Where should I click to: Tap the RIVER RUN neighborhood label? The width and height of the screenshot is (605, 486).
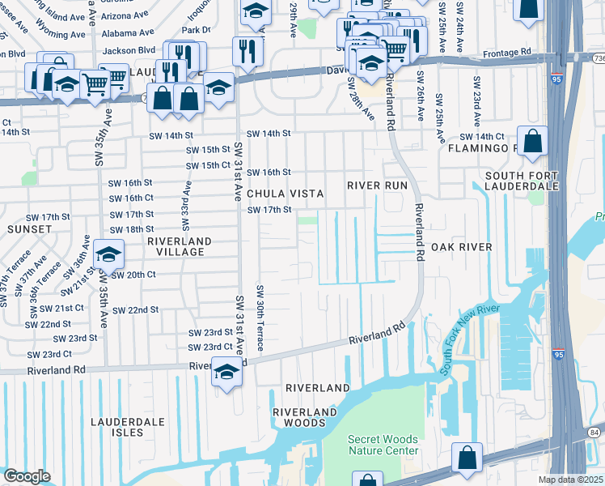click(x=377, y=185)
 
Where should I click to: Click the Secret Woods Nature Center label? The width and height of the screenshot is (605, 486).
click(x=383, y=445)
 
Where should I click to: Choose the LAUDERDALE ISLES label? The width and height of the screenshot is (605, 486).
click(x=128, y=427)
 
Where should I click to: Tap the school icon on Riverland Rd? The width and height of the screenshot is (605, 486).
click(x=227, y=372)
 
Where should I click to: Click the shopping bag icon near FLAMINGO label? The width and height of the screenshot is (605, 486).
click(x=534, y=141)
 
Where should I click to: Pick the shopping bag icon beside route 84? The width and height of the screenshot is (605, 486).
click(x=467, y=458)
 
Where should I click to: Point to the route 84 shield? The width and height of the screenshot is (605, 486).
click(x=595, y=433)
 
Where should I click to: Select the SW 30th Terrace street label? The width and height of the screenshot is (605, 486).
click(x=260, y=318)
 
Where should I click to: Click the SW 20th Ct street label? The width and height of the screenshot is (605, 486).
click(x=133, y=275)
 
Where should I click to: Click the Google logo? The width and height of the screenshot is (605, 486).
click(x=27, y=476)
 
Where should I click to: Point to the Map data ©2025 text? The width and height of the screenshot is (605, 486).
click(x=570, y=480)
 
